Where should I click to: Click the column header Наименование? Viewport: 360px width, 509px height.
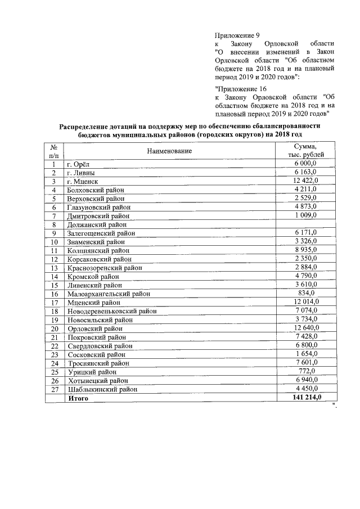[x=169, y=151]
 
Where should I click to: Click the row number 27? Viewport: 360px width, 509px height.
[x=55, y=389]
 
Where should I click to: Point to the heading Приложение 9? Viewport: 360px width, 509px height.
[x=237, y=35]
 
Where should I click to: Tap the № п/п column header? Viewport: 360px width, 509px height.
[x=55, y=151]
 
